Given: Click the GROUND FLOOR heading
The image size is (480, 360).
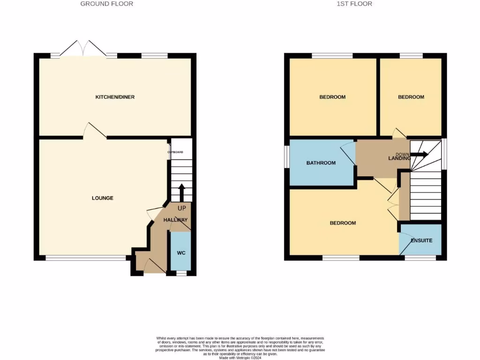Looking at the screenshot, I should [106, 4].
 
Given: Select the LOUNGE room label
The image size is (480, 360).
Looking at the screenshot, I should [102, 198].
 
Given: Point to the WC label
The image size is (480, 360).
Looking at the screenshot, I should [181, 253].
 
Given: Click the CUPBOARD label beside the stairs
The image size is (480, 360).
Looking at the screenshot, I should [175, 152].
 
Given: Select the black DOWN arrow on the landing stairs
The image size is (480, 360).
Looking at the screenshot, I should [420, 155].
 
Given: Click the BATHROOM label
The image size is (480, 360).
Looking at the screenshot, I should [321, 163].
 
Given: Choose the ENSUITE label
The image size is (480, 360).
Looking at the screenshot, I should [421, 240].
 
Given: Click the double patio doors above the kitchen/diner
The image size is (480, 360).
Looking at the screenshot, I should [84, 49].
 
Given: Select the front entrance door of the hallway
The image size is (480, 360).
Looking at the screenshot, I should [155, 267].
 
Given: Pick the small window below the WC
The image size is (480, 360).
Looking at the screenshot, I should [181, 273].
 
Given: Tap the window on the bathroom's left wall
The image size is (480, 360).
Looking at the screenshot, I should [286, 156].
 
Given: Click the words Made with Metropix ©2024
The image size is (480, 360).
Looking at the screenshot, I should [240, 357].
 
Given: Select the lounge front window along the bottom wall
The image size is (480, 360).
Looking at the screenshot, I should [86, 258].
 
